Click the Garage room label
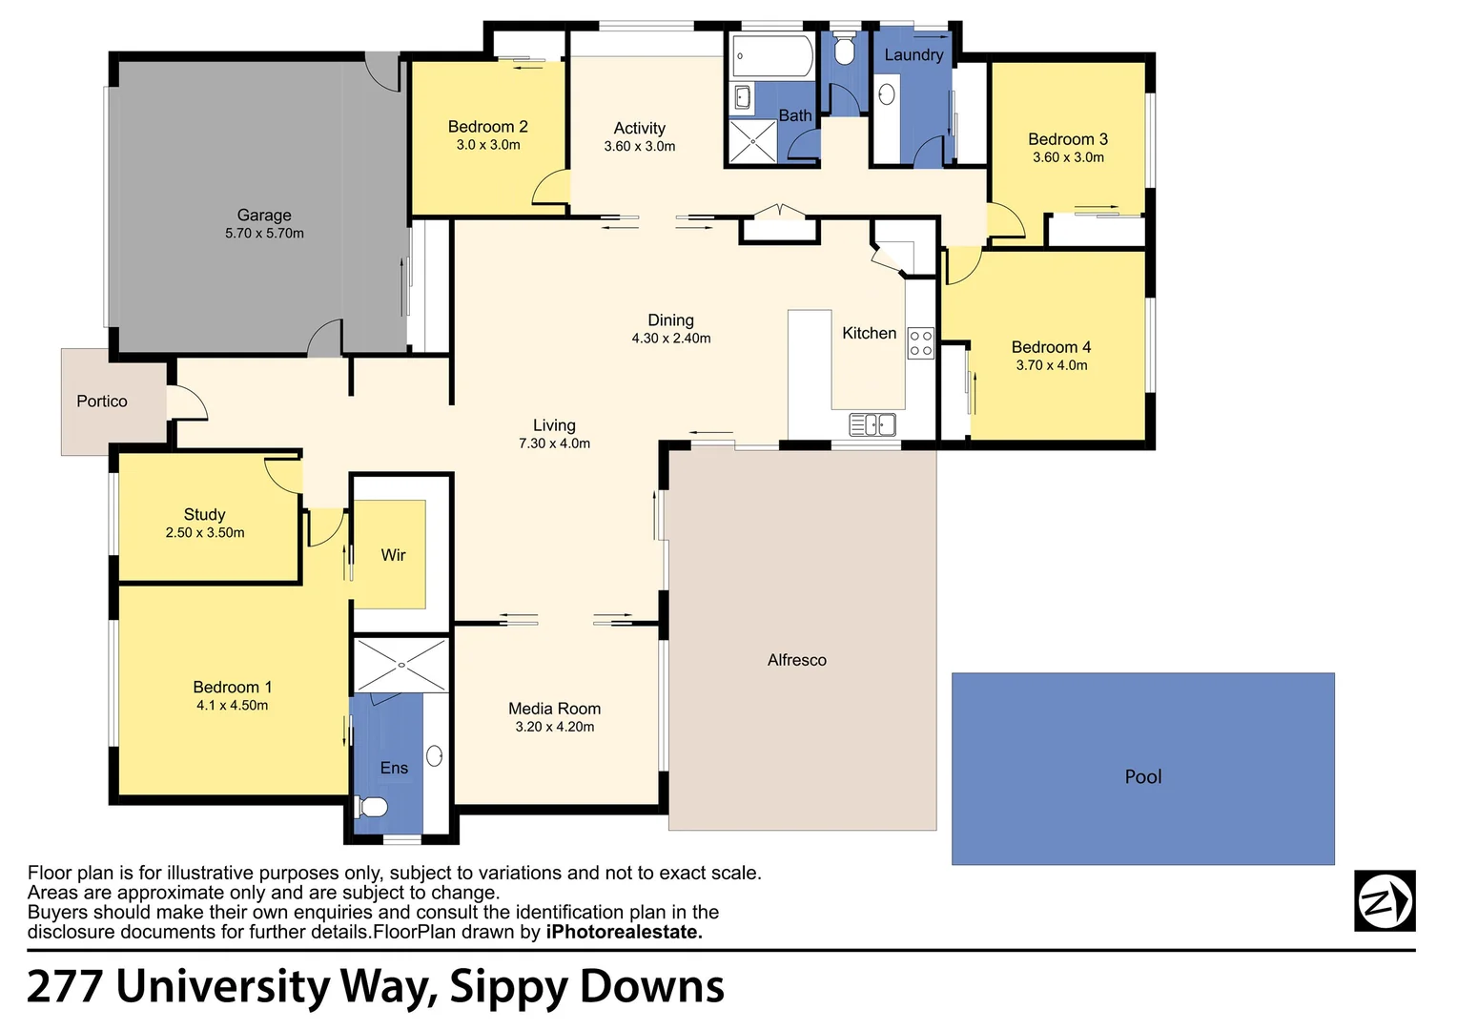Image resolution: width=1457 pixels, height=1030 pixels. click(x=264, y=216)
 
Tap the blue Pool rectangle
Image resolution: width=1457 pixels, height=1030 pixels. click(x=1142, y=769)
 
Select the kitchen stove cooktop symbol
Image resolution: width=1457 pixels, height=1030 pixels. click(x=920, y=343)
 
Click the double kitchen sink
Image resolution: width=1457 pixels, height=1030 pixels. click(x=872, y=424)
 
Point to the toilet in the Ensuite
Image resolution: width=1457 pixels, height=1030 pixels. click(x=372, y=808)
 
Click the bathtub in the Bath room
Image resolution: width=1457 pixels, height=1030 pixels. click(x=772, y=56)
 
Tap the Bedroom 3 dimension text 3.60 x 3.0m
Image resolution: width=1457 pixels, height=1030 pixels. click(x=1068, y=157)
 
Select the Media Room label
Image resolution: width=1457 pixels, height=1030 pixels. click(x=554, y=709)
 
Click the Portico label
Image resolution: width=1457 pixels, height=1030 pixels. click(x=102, y=402)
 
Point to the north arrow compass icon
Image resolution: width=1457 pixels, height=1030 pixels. click(x=1385, y=900)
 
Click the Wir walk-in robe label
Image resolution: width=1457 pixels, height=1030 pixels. click(x=393, y=555)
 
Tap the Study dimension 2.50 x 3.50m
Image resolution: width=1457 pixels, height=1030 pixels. click(x=205, y=533)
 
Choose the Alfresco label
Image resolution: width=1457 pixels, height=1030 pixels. click(x=796, y=660)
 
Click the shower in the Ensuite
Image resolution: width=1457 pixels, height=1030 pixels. click(x=400, y=665)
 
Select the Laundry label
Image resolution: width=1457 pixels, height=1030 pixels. click(x=913, y=55)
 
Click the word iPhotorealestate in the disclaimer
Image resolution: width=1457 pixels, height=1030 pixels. click(x=624, y=933)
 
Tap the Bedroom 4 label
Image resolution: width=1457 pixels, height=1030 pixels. click(x=1051, y=347)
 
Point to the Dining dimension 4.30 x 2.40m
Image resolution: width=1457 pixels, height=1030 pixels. click(x=670, y=339)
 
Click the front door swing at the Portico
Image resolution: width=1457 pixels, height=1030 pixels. click(x=187, y=402)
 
